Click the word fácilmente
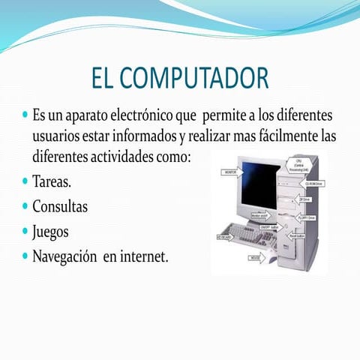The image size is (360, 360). pyautogui.click(x=269, y=138)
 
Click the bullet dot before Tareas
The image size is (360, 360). pyautogui.click(x=25, y=181)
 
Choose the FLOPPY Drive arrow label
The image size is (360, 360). pyautogui.click(x=308, y=218)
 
